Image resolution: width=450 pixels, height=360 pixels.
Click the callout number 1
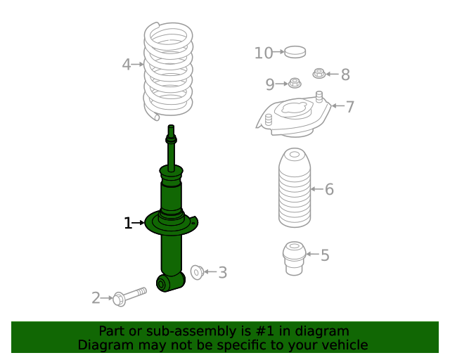coord(128,223)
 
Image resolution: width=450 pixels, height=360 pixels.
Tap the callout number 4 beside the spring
coord(127,64)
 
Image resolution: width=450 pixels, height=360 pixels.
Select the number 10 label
coord(264,53)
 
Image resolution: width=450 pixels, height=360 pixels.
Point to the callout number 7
coord(350,107)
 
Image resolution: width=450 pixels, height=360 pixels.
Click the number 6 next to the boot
coord(329,189)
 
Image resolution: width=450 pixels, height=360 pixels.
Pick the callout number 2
coord(96,298)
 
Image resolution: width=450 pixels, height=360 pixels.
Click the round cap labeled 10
coord(295,52)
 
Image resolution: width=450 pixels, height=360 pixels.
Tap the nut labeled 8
coord(319,74)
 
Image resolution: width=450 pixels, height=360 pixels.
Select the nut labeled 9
coord(295,83)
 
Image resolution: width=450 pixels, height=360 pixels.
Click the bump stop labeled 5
coord(294,258)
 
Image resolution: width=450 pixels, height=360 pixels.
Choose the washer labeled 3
coord(197,272)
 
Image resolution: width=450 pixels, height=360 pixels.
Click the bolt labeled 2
coord(129,297)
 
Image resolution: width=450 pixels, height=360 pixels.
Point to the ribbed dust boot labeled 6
coord(295,188)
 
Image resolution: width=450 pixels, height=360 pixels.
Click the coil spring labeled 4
coord(168,71)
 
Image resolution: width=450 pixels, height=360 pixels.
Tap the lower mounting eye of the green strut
coord(161,284)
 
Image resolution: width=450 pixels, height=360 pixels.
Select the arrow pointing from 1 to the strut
coord(139,222)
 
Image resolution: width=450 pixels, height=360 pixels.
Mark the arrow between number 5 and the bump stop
coord(312,254)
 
